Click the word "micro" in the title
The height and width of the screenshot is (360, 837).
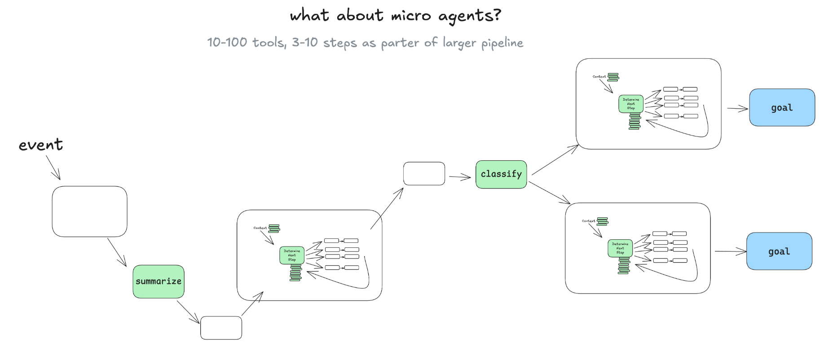click(x=410, y=16)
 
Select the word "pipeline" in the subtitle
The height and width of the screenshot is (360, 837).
click(x=502, y=43)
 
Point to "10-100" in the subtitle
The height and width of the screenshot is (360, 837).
click(x=227, y=42)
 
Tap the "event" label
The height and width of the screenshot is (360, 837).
click(x=40, y=145)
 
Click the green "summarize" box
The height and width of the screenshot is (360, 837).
click(x=159, y=281)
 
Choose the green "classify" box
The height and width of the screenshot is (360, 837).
click(x=501, y=174)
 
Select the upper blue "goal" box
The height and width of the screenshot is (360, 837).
click(x=782, y=108)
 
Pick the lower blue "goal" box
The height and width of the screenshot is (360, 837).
click(x=779, y=251)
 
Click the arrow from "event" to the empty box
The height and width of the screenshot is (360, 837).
click(x=53, y=168)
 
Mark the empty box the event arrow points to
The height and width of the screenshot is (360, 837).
click(x=89, y=211)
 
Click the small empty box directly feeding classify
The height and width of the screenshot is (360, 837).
click(x=424, y=174)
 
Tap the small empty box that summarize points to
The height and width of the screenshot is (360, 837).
click(x=221, y=328)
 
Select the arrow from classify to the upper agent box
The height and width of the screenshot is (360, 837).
click(x=555, y=160)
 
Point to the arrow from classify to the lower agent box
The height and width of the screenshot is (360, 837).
click(x=550, y=193)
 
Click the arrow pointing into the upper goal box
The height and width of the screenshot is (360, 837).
click(x=737, y=108)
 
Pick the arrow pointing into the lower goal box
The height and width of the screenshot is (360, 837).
click(x=730, y=252)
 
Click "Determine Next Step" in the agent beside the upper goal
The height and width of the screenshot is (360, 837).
click(x=631, y=104)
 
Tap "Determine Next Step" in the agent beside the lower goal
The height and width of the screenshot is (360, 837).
click(x=620, y=248)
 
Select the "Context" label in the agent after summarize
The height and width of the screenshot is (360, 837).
click(x=260, y=228)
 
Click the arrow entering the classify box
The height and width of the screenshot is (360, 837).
click(x=460, y=177)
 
